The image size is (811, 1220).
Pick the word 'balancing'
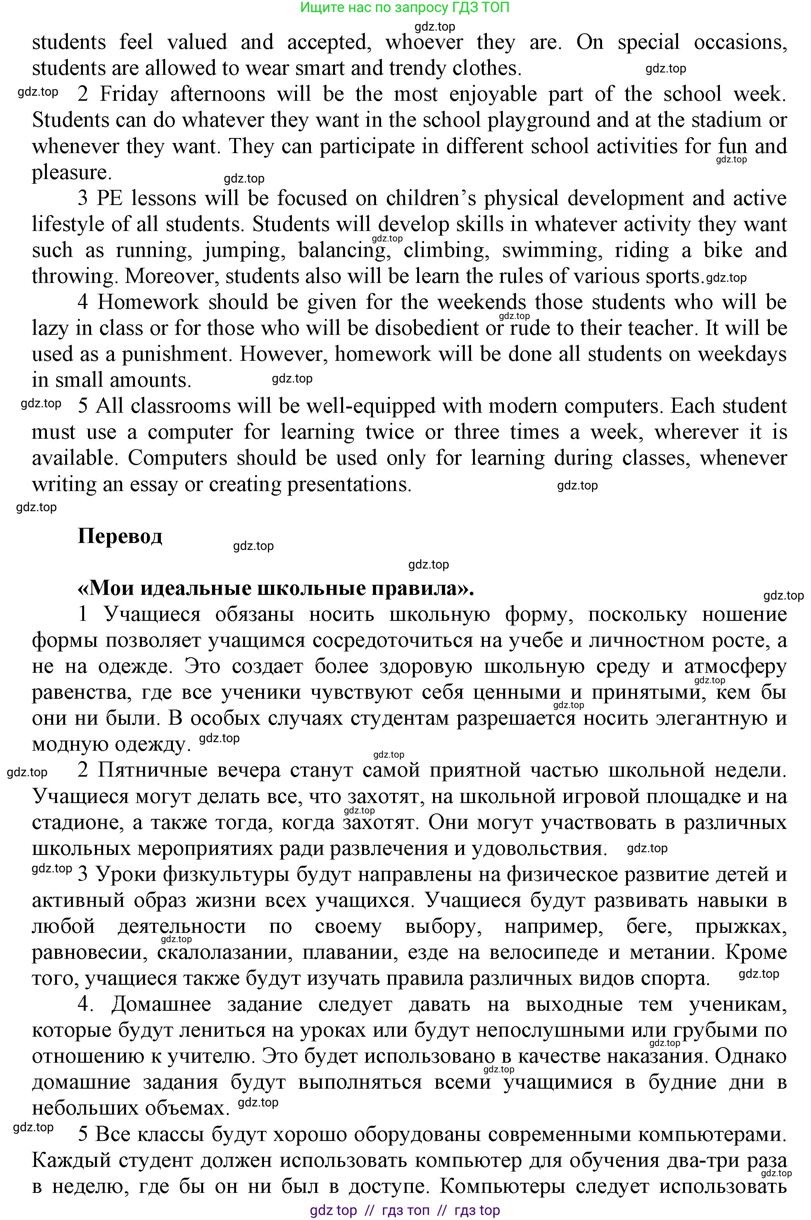click(x=343, y=251)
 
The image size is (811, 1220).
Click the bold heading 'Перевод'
click(x=120, y=536)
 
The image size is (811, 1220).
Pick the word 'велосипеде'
click(x=544, y=952)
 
